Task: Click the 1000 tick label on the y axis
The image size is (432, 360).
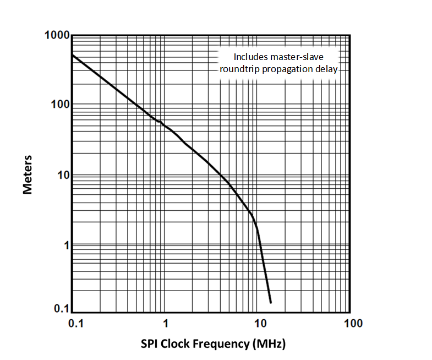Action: [57, 36]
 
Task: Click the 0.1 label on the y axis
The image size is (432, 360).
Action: [60, 309]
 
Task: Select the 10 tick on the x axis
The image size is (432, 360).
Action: [257, 323]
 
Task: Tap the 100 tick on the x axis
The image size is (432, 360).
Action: [350, 323]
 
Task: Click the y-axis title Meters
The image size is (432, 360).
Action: [28, 174]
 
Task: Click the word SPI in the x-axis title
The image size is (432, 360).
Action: [150, 344]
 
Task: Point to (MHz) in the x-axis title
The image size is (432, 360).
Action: [269, 344]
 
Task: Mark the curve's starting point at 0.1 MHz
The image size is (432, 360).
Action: [73, 55]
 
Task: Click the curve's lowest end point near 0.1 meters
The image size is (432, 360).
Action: [271, 302]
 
